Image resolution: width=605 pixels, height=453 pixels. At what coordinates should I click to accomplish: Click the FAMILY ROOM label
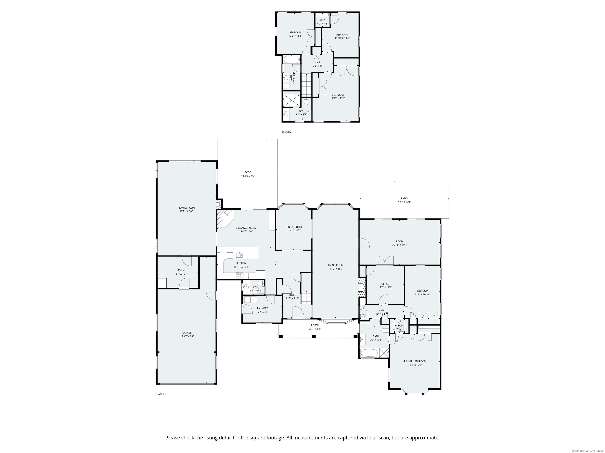tap(187, 208)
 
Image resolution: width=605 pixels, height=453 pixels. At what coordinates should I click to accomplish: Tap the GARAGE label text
tap(187, 333)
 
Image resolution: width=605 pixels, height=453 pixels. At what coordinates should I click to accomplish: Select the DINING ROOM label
tap(294, 227)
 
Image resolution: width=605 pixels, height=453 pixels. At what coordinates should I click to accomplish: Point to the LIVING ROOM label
tap(336, 265)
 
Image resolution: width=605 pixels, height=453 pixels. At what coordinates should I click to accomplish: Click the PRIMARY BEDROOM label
tap(415, 361)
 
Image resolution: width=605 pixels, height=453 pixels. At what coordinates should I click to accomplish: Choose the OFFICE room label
tap(385, 284)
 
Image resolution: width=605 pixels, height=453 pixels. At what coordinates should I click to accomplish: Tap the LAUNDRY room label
tap(262, 308)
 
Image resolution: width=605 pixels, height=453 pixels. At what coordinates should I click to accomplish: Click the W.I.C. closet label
tap(322, 20)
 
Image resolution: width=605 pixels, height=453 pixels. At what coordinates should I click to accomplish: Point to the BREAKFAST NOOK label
tap(246, 228)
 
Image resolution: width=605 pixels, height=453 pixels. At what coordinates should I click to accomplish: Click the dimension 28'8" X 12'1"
tap(404, 202)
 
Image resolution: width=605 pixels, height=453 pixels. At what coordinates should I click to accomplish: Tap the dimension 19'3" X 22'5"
tap(248, 176)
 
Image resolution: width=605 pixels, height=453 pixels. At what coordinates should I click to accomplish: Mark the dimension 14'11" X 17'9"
tap(338, 98)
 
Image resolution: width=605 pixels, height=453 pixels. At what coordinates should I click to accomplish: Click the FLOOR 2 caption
tap(287, 132)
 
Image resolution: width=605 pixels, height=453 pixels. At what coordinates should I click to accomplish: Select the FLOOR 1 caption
tap(161, 394)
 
